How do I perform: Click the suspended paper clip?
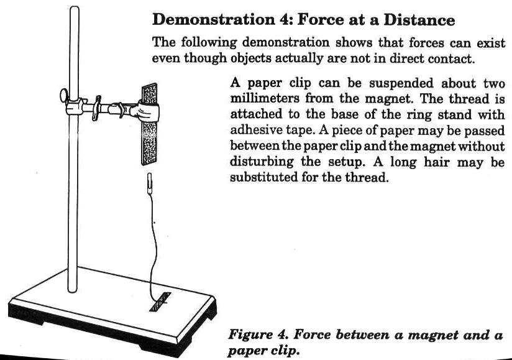[150, 184]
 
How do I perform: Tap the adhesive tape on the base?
[160, 302]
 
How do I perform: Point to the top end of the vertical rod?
[75, 8]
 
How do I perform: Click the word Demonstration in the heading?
[214, 20]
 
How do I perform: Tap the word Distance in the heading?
[419, 20]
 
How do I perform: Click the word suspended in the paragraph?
[401, 83]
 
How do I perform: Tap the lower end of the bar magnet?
[149, 164]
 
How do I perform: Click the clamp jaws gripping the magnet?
[148, 111]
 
